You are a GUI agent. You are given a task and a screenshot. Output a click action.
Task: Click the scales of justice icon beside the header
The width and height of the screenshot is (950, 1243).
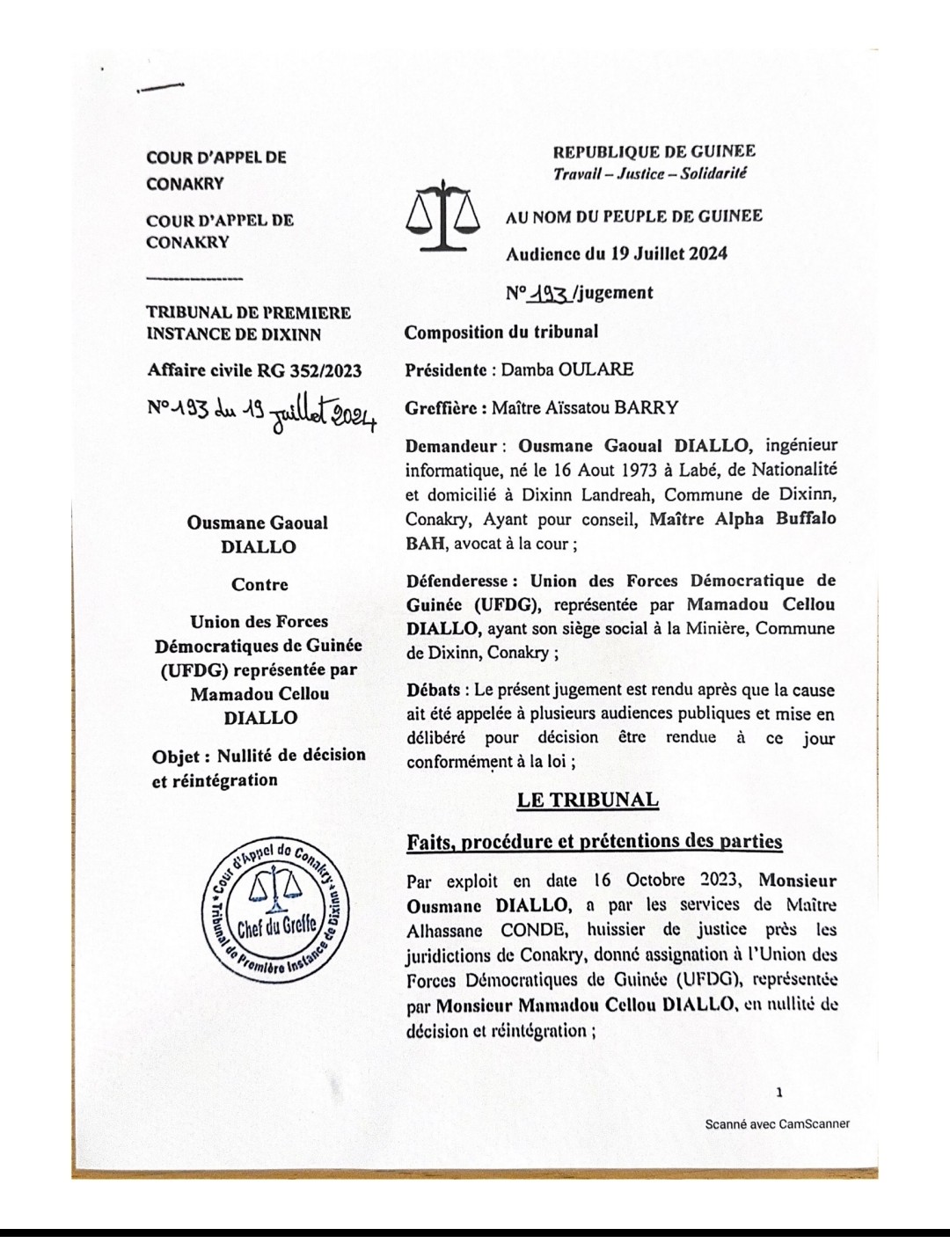point(442,216)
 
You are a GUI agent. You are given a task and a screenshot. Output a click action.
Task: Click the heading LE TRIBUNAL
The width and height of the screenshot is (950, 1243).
point(587,800)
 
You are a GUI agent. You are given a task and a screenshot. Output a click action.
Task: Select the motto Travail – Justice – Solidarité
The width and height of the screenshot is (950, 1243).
point(649,173)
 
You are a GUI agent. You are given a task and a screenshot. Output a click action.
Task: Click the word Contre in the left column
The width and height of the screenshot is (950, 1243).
point(259,584)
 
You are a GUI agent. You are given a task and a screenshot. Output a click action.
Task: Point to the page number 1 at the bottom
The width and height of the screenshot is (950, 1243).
point(779,1093)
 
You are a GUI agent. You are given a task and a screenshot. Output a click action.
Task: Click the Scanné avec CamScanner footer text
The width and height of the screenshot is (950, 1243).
point(777,1123)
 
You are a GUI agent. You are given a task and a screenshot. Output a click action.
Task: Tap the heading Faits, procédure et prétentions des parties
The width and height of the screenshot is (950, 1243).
point(594,842)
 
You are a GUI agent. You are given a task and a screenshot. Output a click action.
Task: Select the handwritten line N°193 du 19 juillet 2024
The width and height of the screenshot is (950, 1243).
point(261,412)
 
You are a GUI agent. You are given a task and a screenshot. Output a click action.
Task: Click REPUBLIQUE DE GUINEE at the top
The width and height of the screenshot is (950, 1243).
point(654,152)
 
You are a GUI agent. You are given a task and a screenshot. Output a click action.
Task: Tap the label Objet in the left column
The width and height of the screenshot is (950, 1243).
point(180,756)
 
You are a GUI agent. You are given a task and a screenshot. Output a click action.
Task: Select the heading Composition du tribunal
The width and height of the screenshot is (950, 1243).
point(501,332)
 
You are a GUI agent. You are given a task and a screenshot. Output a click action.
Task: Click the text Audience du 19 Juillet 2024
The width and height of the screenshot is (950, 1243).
point(616,254)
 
